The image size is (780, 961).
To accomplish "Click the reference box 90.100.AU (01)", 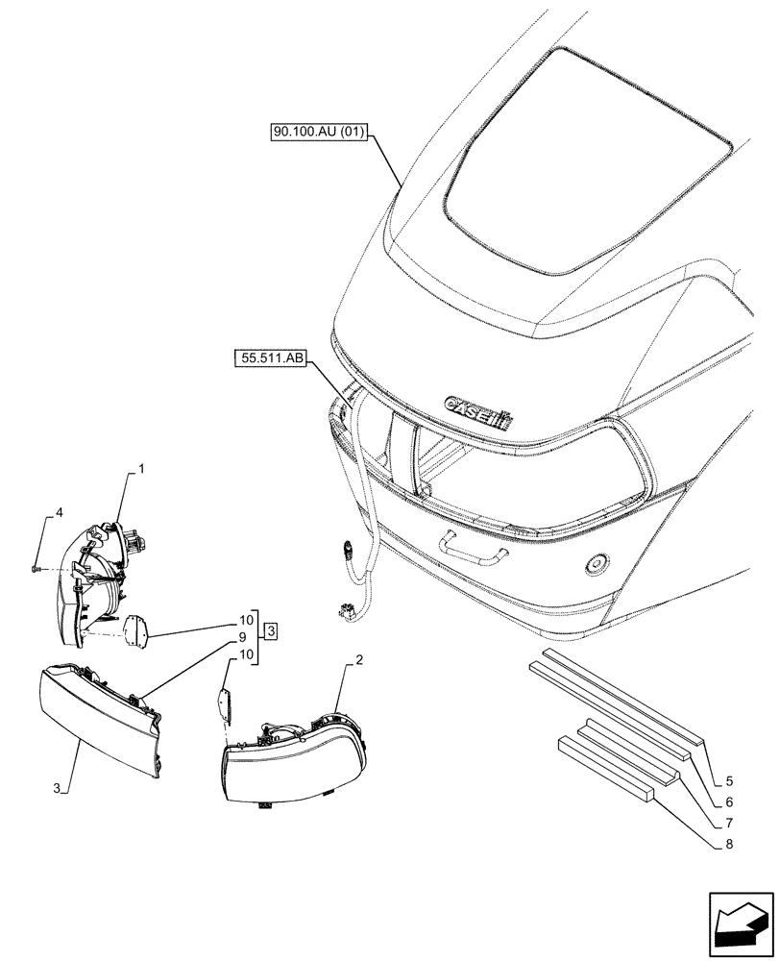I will pyautogui.click(x=318, y=134).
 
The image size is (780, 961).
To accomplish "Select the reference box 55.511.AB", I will pyautogui.click(x=270, y=360).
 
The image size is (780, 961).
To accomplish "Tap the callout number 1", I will pyautogui.click(x=141, y=469).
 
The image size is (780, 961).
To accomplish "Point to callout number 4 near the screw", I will pyautogui.click(x=60, y=513).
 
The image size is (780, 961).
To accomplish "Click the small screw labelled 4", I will pyautogui.click(x=35, y=569).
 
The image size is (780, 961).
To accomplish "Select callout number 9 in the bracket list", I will pyautogui.click(x=244, y=635).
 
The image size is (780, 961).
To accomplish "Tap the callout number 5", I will pyautogui.click(x=729, y=782).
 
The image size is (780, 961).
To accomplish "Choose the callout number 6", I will pyautogui.click(x=729, y=801).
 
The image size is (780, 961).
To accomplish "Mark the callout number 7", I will pyautogui.click(x=729, y=824).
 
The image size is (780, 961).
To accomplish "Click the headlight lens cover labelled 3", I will pyautogui.click(x=96, y=716).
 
